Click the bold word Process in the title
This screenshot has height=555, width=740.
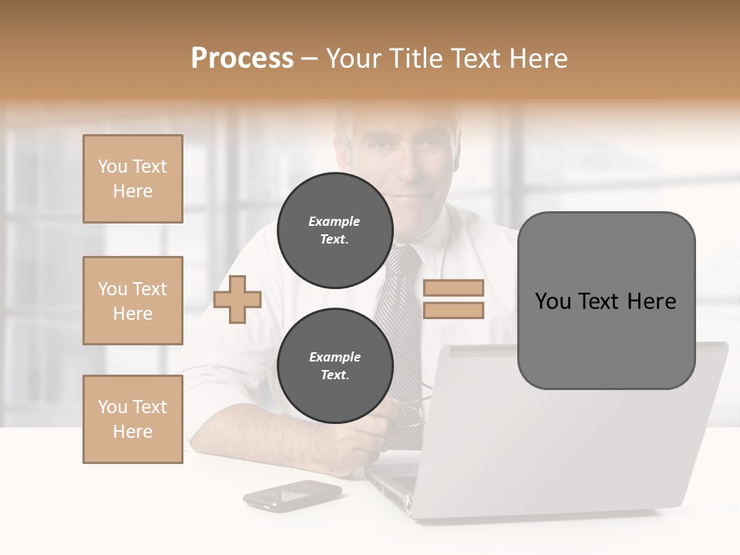pos(242,58)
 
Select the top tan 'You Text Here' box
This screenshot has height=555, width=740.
pos(133,179)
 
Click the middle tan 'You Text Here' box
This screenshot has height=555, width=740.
pos(133,301)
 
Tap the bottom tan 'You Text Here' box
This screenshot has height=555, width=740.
pos(133,419)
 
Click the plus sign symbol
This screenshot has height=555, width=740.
pos(237,300)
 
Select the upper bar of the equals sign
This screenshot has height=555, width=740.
pos(453,288)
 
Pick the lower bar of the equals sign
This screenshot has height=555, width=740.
pos(453,310)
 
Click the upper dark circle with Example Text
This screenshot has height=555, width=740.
pos(335,230)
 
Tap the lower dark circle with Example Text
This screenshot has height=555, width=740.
pos(335,365)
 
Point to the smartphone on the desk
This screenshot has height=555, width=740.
pos(292,494)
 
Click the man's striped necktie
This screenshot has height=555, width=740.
pos(401,308)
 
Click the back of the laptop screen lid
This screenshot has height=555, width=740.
pos(586,447)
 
